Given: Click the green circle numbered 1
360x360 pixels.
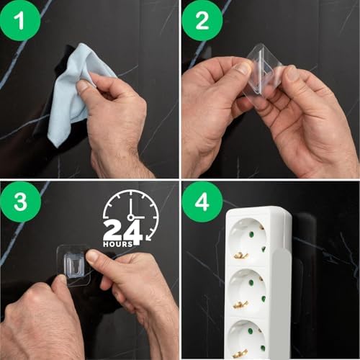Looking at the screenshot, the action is click(19, 20).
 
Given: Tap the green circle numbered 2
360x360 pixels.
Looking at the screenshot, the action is click(202, 20).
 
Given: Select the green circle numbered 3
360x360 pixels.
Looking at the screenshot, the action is click(20, 202).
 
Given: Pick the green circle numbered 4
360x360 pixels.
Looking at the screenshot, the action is click(202, 202).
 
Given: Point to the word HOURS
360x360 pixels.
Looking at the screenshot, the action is click(118, 244).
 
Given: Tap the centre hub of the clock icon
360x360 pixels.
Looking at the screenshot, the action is click(130, 217).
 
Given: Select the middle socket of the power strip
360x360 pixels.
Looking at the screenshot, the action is click(247, 292).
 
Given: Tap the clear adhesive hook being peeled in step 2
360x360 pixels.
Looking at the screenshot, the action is click(261, 70).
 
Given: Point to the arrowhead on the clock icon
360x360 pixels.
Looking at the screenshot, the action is click(149, 238).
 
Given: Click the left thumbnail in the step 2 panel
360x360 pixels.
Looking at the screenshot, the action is click(243, 68).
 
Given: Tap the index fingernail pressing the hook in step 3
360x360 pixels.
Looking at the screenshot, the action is click(92, 256).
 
